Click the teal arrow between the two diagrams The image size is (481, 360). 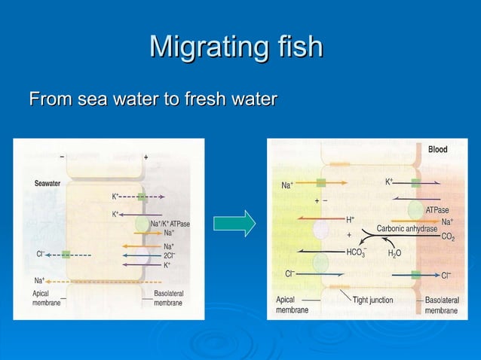click(234, 224)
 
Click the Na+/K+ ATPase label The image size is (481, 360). click(170, 224)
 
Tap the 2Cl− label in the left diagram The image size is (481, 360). click(170, 255)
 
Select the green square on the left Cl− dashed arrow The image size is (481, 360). click(66, 255)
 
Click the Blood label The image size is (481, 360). click(437, 150)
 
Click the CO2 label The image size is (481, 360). click(448, 237)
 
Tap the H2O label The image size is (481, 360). click(394, 254)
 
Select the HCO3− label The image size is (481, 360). click(356, 252)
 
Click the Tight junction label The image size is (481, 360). click(372, 300)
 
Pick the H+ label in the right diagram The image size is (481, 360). click(351, 220)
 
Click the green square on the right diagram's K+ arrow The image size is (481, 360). click(415, 183)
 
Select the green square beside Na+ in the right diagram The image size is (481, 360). click(320, 183)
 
